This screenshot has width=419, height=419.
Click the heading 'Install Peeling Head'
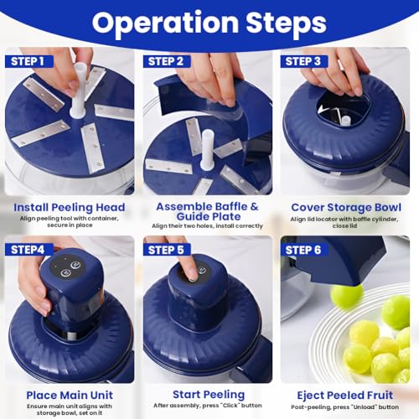tap(70, 207)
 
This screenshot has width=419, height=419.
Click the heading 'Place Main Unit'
tap(70, 394)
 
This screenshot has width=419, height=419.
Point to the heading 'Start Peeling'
tap(208, 394)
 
